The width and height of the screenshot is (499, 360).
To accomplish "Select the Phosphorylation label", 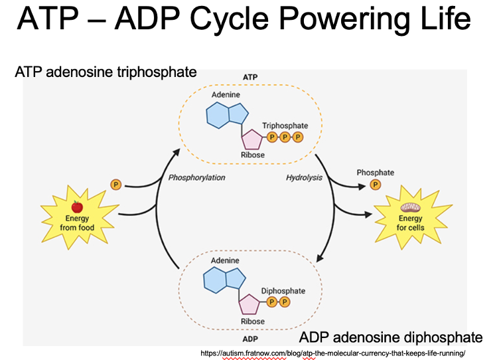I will click(196, 178).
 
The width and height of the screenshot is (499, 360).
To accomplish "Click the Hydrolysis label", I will click(303, 178).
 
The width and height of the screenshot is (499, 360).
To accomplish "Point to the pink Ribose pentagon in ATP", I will click(252, 139).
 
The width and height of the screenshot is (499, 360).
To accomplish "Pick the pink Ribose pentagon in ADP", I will click(249, 304).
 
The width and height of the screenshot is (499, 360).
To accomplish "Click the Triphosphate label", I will click(285, 126).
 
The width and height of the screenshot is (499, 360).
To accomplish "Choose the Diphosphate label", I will click(283, 291).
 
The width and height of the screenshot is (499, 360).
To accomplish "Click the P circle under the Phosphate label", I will click(375, 185).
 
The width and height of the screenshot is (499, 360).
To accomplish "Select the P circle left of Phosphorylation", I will click(115, 185).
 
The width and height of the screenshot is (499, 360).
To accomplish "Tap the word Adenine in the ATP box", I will click(226, 96).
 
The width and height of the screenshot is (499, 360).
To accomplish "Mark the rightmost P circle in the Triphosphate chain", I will click(297, 137).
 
